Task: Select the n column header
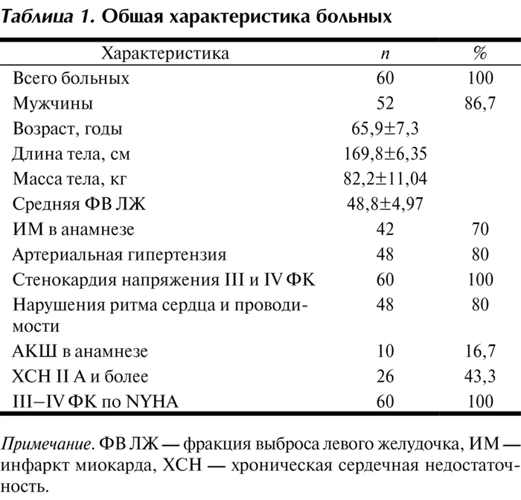(384, 54)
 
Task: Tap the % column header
(480, 54)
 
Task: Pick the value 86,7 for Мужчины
(480, 103)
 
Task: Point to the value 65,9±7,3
(385, 129)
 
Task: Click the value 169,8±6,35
(385, 154)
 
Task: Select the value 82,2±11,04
(385, 179)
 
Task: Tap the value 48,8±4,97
(385, 205)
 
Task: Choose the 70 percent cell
(480, 230)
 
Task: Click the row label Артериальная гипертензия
(119, 255)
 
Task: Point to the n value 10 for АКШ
(385, 350)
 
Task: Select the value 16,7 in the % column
(480, 350)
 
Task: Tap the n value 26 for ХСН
(385, 376)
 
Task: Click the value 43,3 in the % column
(480, 376)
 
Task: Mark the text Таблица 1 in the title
(44, 17)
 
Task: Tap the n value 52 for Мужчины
(385, 103)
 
